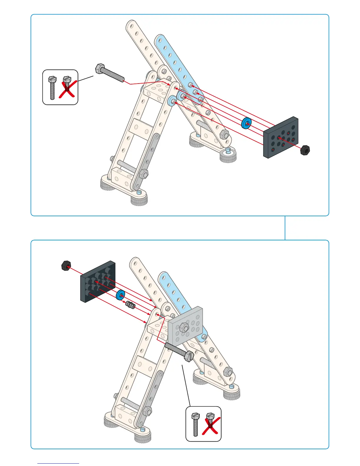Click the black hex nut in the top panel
305,150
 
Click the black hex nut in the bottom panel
66,265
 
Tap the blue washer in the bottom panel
120,295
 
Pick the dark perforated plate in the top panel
281,137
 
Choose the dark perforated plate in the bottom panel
97,281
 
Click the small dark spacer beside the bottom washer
130,305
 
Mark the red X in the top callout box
68,89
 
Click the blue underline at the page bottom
58,463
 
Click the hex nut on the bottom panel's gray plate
184,327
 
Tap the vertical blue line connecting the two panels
285,228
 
